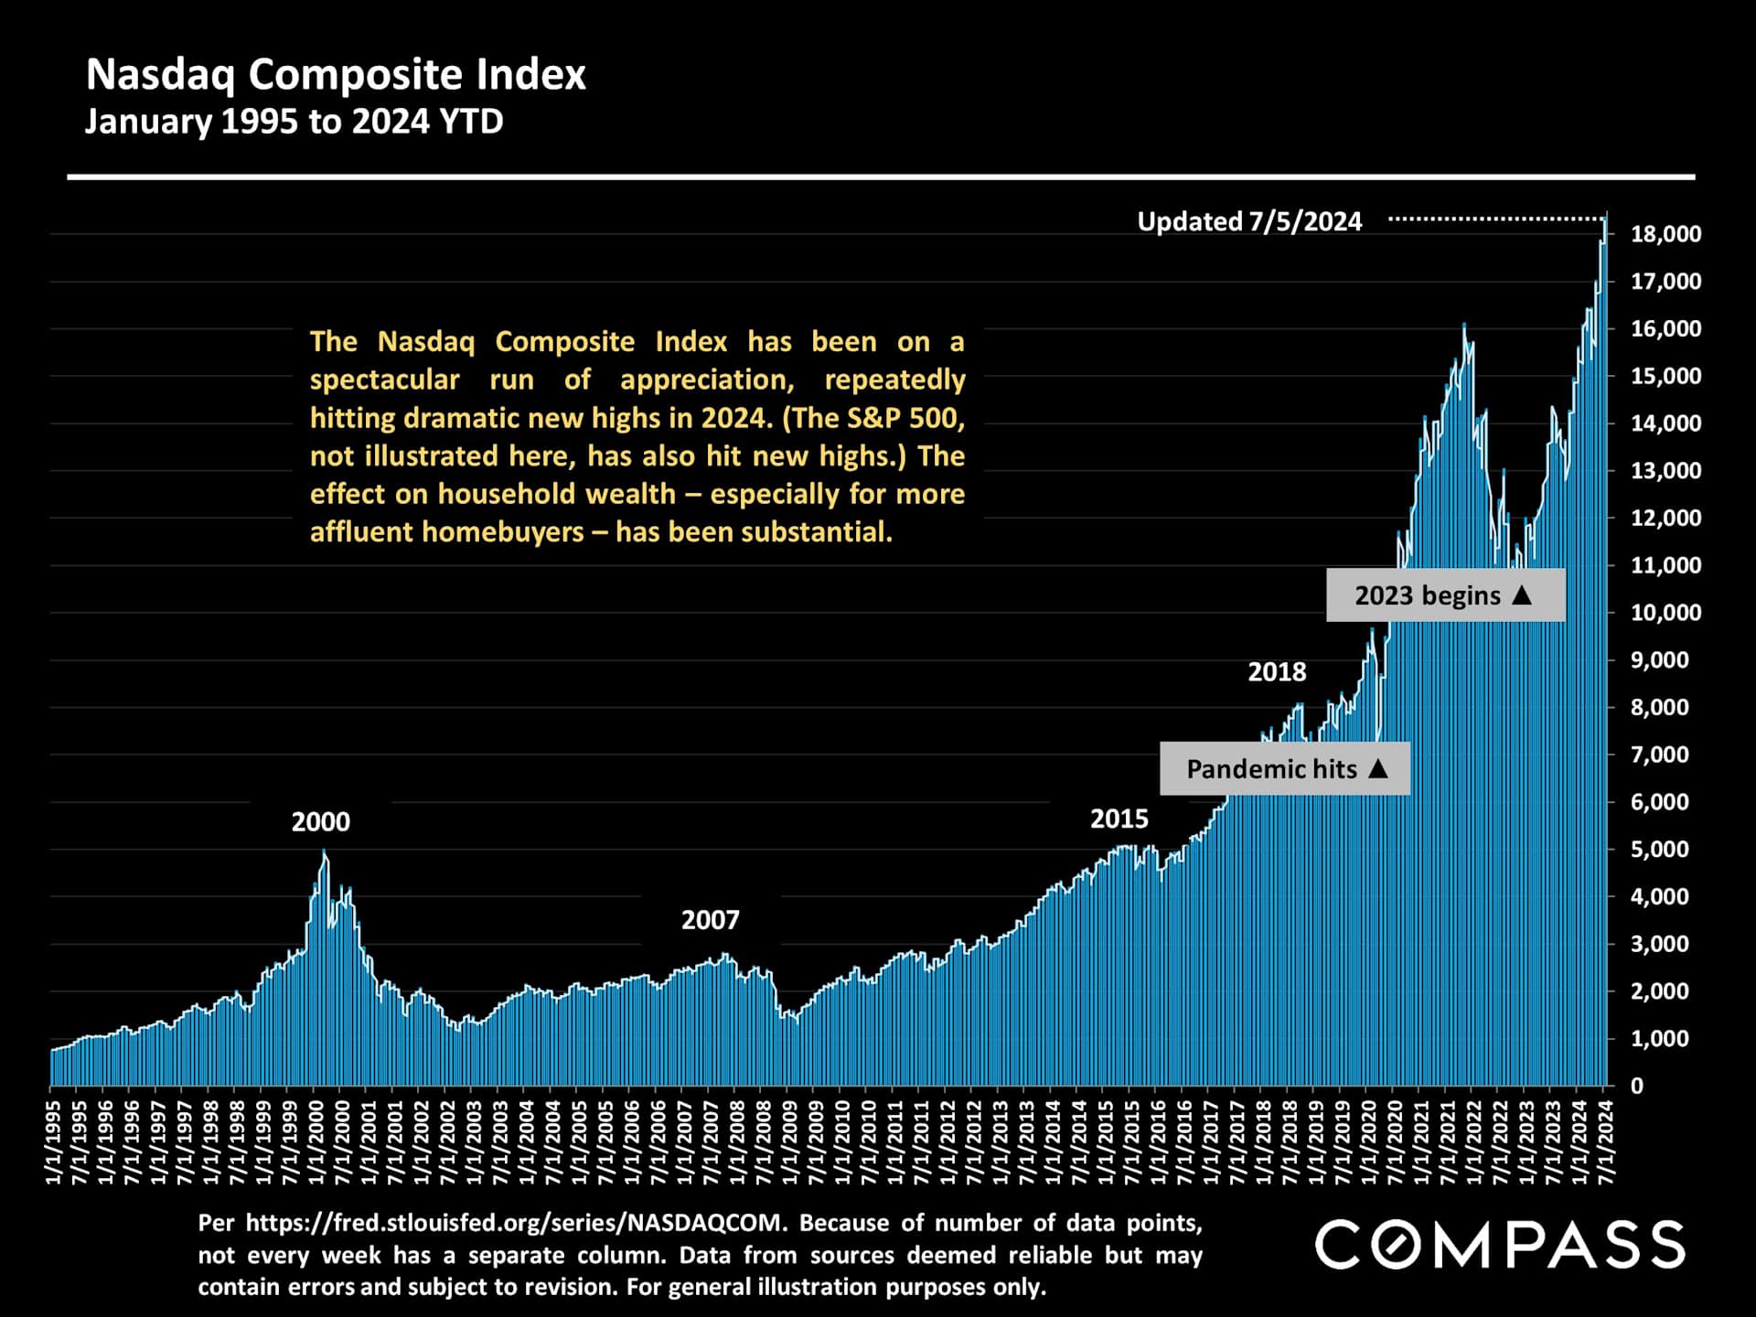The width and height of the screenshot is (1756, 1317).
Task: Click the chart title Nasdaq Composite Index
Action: coord(336,75)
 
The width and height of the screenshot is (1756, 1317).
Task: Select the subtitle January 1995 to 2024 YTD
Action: coord(294,122)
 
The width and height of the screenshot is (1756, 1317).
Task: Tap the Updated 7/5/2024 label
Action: coord(1249,221)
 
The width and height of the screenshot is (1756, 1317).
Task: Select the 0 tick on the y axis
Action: coord(1637,1087)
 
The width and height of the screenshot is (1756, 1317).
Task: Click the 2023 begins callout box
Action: coord(1445,595)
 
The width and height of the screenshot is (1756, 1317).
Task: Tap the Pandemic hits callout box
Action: coord(1284,769)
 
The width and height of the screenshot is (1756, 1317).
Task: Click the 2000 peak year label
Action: coord(320,822)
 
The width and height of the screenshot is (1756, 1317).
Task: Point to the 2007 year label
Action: coord(710,920)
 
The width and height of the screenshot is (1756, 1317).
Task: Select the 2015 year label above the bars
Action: coord(1119,819)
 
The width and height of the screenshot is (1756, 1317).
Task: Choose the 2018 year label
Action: coord(1277,672)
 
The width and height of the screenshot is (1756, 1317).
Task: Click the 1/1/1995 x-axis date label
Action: coord(53,1142)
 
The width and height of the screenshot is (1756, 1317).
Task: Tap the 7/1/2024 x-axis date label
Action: coord(1606,1142)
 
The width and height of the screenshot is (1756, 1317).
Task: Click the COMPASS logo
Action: coord(1500,1245)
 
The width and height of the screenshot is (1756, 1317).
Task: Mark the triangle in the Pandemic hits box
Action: coord(1378,768)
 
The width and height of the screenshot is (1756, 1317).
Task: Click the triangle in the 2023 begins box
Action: coord(1522,594)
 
